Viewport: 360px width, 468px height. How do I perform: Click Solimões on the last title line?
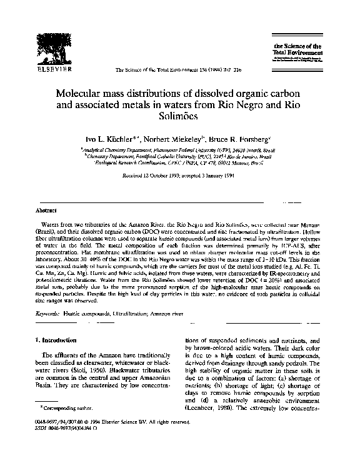[181, 116]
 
